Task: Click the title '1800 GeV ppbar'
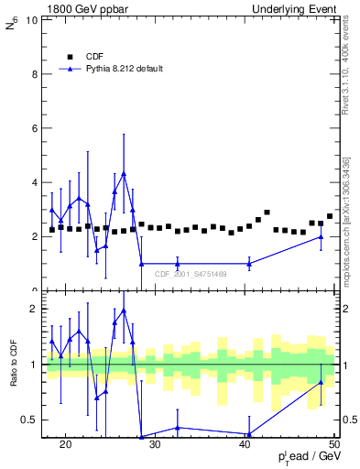click(83, 8)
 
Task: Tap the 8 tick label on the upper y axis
click(36, 74)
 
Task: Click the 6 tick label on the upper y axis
click(36, 128)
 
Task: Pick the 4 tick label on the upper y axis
click(36, 182)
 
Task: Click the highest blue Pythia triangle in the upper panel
click(124, 173)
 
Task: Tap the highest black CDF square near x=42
click(267, 213)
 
